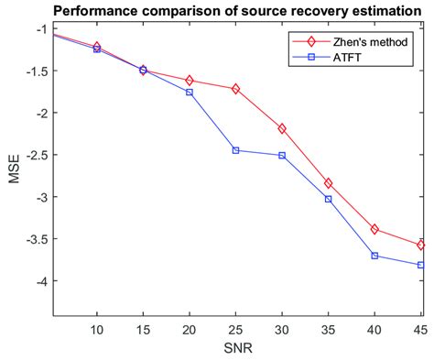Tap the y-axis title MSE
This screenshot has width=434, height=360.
pos(14,170)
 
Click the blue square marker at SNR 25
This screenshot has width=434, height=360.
pos(235,150)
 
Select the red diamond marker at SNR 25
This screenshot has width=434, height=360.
pos(235,89)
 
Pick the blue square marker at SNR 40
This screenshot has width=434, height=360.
pos(374,256)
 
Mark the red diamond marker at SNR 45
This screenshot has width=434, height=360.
pos(421,245)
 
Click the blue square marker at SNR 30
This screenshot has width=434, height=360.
pos(282,156)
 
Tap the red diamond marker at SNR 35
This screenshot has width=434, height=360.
pos(328,183)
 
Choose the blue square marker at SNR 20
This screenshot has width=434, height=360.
pos(190,93)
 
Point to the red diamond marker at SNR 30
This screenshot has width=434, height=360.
pos(282,128)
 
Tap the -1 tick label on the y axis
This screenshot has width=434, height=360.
pos(37,28)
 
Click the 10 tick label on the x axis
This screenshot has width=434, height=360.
pos(97,328)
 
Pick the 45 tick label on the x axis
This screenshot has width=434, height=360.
pos(419,328)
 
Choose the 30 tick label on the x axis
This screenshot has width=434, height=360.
pos(282,328)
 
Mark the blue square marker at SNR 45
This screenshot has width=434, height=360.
pos(421,265)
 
